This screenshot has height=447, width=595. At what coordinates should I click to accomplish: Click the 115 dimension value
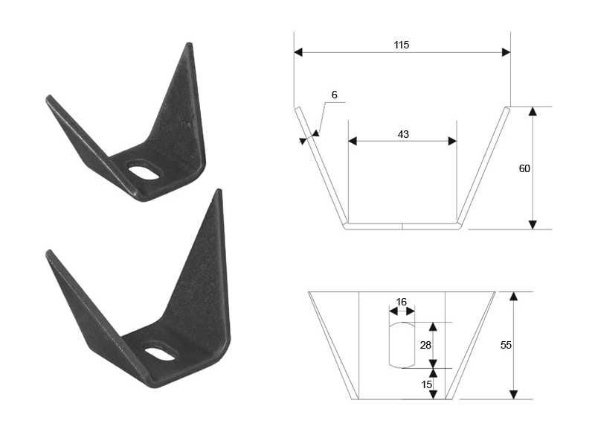pos(401,45)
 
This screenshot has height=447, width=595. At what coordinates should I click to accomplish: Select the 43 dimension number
pos(403,134)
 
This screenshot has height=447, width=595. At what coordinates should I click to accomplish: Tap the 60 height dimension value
pos(524,168)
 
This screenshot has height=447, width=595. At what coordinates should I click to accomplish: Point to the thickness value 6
pos(334,95)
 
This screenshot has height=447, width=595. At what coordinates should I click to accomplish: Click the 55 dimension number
pos(506,345)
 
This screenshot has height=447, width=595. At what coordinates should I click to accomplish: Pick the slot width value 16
pos(401,302)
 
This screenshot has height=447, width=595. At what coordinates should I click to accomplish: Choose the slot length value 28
pos(425,345)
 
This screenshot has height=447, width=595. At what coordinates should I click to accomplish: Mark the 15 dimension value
pos(426,384)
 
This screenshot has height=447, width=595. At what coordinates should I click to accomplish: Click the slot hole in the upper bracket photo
pos(144,172)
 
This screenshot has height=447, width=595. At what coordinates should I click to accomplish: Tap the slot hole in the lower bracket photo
pos(160,353)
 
